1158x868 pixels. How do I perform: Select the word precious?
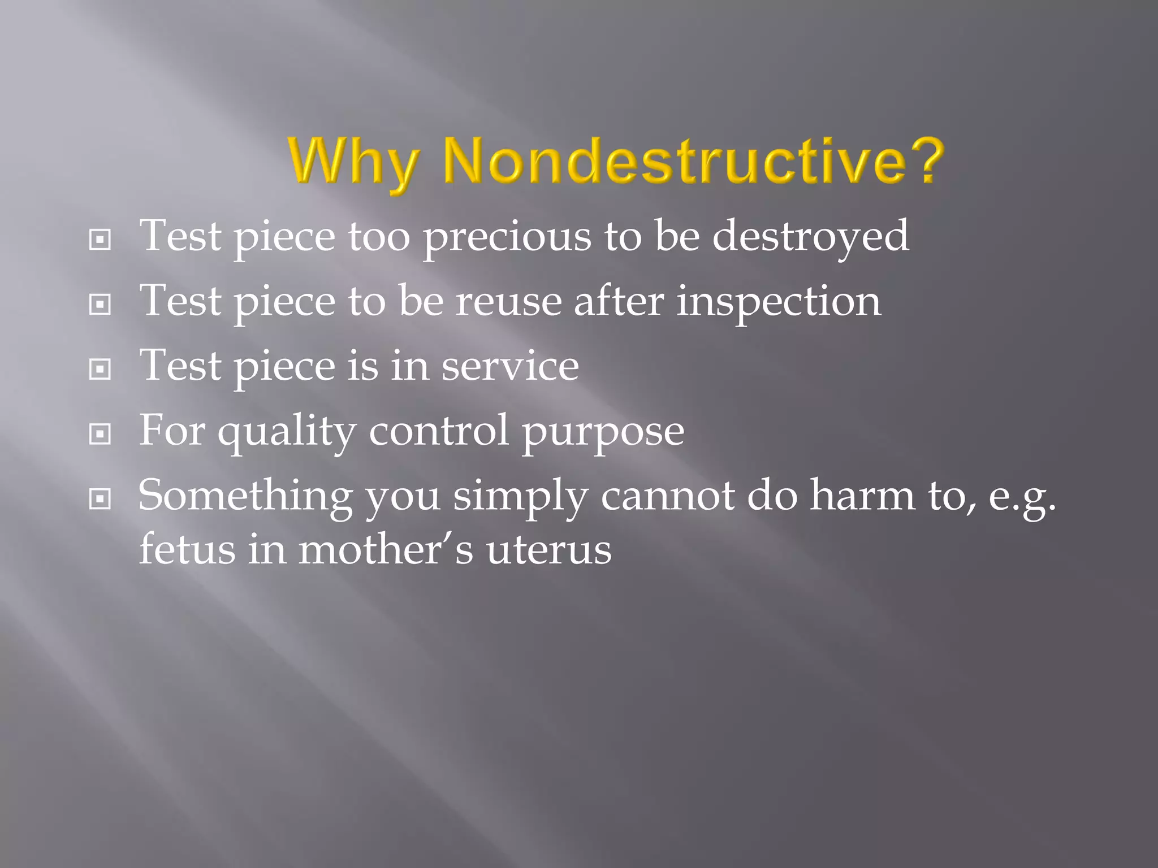coord(507,237)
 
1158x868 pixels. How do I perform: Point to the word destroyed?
coord(810,237)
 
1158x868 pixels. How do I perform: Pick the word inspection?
coord(779,302)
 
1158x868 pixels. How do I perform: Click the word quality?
coord(287,432)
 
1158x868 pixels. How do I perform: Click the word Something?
coord(245,496)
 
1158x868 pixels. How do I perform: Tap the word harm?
coord(862,496)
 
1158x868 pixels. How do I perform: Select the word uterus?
coord(548,550)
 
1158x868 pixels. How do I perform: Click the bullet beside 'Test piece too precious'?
coord(100,240)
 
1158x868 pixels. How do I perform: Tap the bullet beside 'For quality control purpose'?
coord(100,435)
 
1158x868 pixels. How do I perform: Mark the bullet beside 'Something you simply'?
coord(100,499)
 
